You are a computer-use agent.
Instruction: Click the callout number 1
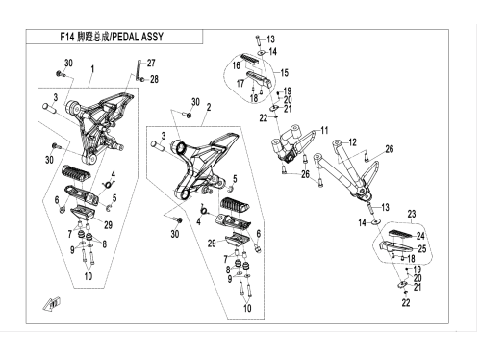[92, 68]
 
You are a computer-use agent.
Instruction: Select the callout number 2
[209, 107]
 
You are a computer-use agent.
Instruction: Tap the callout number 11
[324, 130]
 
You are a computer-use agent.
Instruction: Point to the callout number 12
[352, 142]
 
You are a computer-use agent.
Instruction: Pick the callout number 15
[285, 72]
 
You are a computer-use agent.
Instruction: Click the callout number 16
[237, 65]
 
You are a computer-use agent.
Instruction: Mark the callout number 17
[240, 83]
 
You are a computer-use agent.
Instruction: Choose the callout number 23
[412, 214]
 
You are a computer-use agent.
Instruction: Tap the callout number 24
[420, 236]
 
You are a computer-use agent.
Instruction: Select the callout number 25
[422, 248]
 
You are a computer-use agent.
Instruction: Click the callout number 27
[151, 63]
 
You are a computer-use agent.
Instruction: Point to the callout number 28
[154, 79]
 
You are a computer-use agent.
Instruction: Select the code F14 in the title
[67, 37]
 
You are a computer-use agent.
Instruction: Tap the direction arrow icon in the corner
[52, 304]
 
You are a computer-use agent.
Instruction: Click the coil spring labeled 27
[139, 70]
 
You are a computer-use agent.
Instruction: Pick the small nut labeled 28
[143, 79]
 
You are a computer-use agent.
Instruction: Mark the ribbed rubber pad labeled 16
[251, 61]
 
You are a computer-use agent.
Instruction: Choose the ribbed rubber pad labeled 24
[402, 234]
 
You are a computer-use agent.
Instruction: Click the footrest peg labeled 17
[259, 79]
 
